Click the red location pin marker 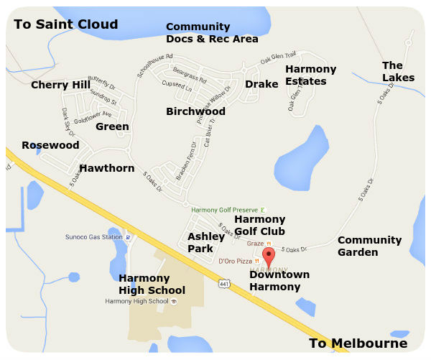pos(269,257)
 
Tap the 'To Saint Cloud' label pos(65,25)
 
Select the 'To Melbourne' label pos(358,343)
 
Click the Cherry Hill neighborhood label pos(60,86)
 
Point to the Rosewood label pos(50,145)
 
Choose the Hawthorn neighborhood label pos(106,168)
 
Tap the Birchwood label pos(195,111)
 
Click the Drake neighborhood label pos(261,85)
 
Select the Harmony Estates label pos(310,75)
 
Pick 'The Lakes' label pos(398,71)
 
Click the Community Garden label pos(369,246)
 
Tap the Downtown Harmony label pos(279,281)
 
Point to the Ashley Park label pos(205,242)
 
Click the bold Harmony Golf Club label pos(259,225)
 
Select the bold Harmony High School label pos(152,284)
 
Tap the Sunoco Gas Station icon pos(127,236)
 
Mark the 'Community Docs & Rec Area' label pos(212,32)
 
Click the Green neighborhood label pos(112,127)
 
